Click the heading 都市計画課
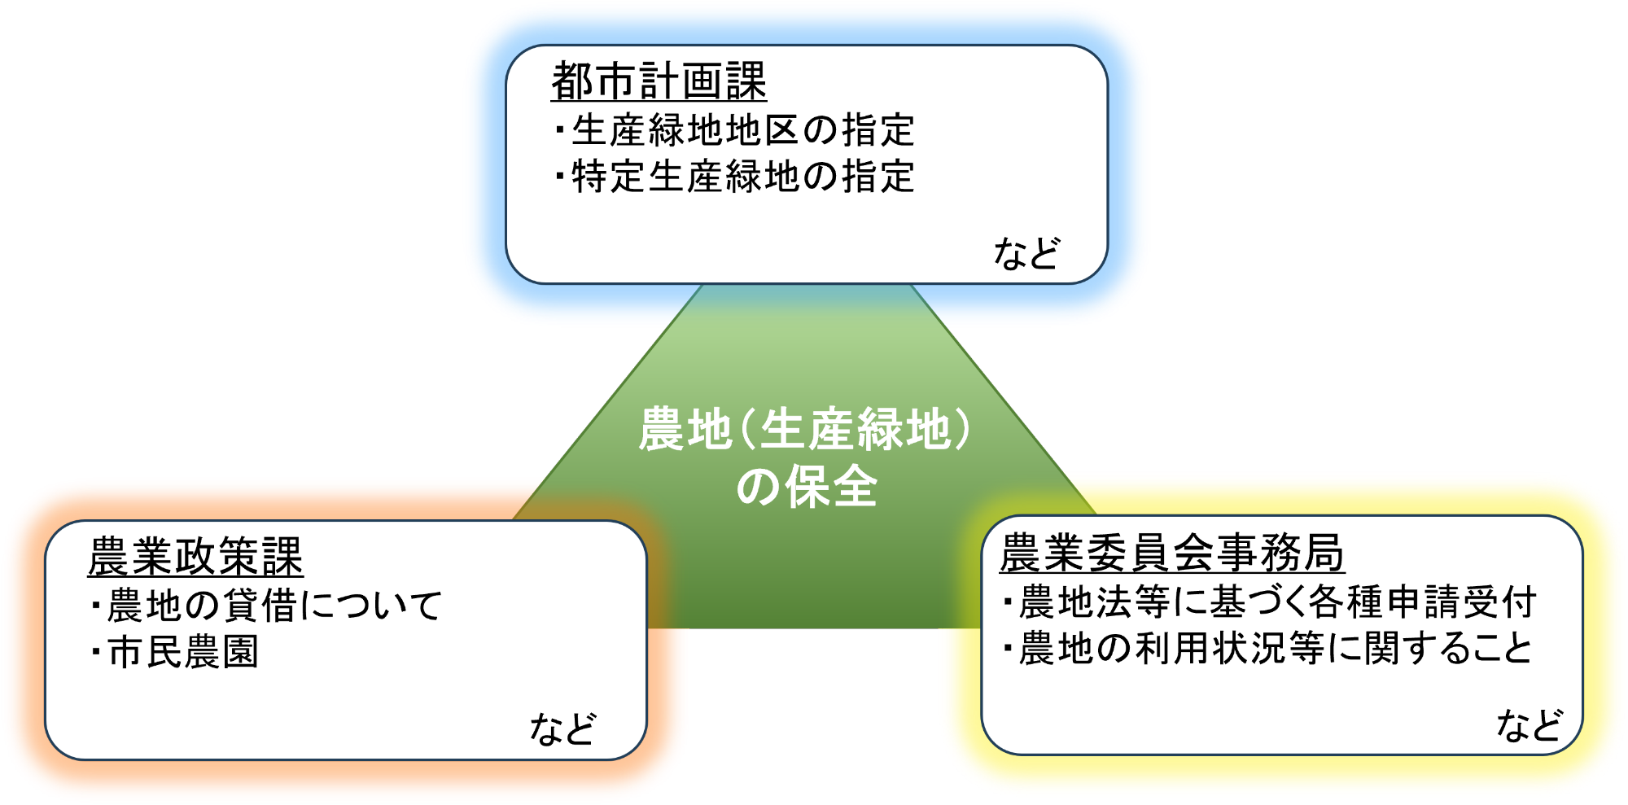[x=659, y=81]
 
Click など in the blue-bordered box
[x=1026, y=253]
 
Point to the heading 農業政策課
[x=195, y=556]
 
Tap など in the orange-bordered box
[x=562, y=728]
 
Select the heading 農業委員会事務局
[x=1171, y=553]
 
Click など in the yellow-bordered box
[x=1530, y=724]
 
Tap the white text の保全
[x=807, y=487]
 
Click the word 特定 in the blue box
[x=609, y=177]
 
